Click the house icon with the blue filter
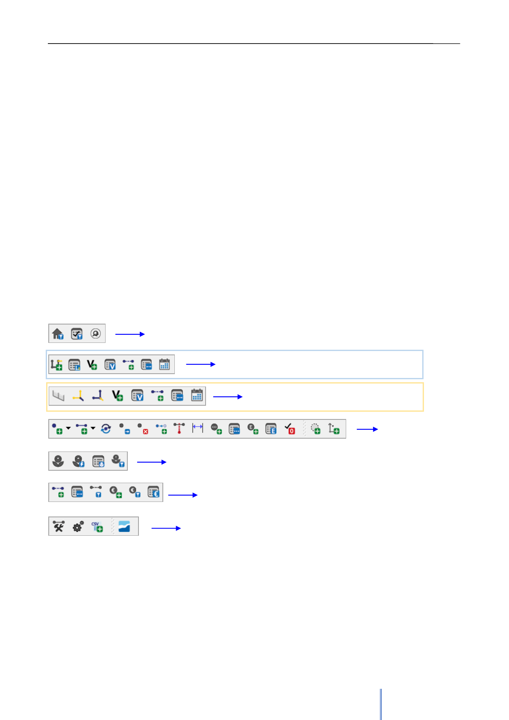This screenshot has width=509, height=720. (x=58, y=333)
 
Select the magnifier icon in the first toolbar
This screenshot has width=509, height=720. (x=95, y=333)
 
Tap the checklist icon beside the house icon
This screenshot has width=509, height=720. (x=76, y=333)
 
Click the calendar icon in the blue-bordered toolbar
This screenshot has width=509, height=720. (x=165, y=364)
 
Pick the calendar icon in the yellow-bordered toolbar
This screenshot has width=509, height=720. (x=197, y=395)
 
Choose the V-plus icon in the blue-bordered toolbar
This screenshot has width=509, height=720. (x=92, y=364)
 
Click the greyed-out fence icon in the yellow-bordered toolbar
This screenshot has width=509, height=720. (x=58, y=395)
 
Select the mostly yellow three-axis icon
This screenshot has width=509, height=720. (x=78, y=395)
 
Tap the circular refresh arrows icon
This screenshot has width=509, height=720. (x=106, y=428)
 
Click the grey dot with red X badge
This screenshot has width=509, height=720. (x=143, y=428)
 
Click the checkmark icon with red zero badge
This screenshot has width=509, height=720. (x=290, y=428)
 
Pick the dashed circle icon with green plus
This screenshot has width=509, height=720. (x=315, y=428)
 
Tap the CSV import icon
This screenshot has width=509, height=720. (x=97, y=527)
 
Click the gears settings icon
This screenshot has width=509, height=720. (x=78, y=527)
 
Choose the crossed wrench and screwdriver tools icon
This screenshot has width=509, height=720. (x=59, y=527)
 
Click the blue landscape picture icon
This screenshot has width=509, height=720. (x=124, y=526)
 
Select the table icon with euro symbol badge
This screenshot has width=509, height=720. (x=153, y=492)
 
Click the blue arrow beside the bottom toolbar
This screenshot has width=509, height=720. (x=166, y=528)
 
